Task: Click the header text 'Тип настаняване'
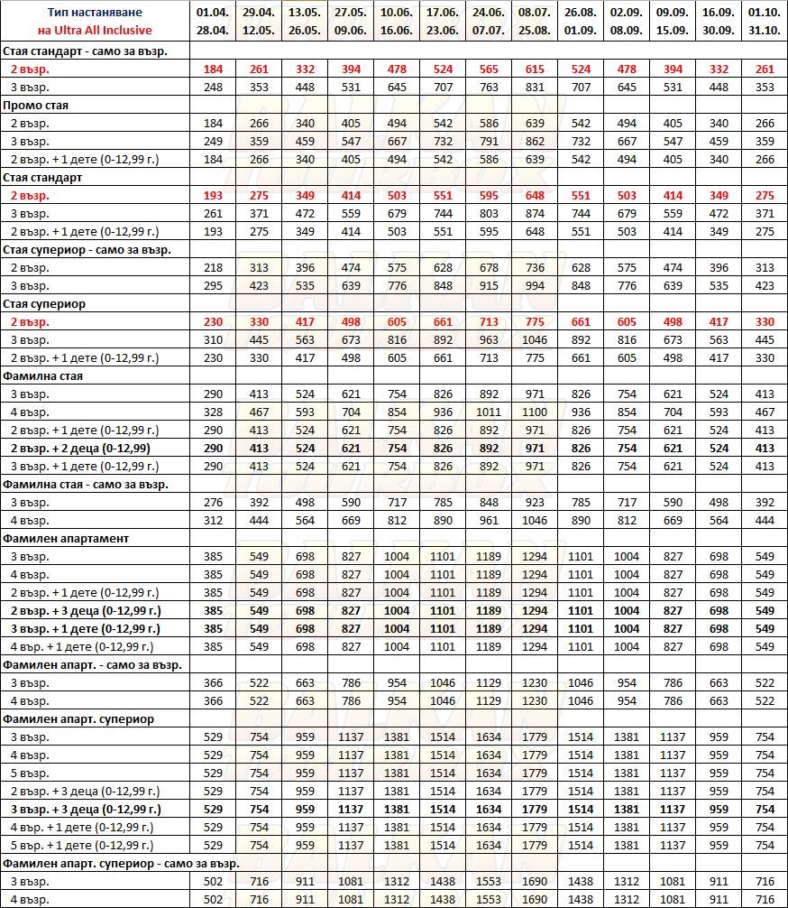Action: click(x=95, y=13)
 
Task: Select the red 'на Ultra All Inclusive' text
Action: click(x=95, y=31)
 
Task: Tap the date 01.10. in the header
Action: click(x=764, y=13)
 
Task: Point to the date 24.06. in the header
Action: click(x=488, y=13)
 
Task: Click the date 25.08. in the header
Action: click(x=534, y=31)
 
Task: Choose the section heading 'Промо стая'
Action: click(x=36, y=106)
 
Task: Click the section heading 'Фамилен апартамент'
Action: click(x=66, y=539)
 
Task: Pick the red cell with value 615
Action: click(x=534, y=69)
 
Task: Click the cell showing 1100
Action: click(x=534, y=412)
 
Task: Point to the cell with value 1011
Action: click(x=488, y=412)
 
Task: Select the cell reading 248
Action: click(x=213, y=88)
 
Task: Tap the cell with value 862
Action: click(x=534, y=142)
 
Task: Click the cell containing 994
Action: click(x=534, y=286)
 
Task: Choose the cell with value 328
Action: click(x=213, y=412)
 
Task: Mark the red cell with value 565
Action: click(x=488, y=69)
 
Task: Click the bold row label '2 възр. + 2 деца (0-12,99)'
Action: click(x=80, y=449)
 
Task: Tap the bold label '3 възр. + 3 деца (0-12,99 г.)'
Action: click(x=86, y=810)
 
